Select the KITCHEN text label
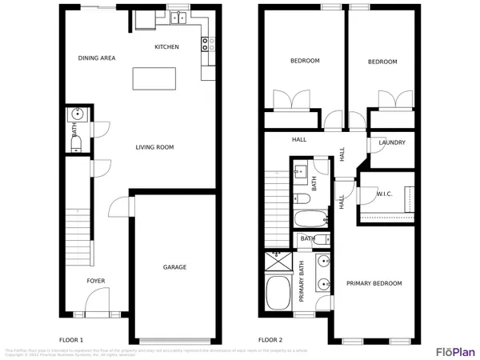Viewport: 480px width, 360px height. [x=166, y=47]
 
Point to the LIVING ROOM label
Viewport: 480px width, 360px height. [x=154, y=147]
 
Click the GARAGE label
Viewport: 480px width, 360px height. [x=174, y=267]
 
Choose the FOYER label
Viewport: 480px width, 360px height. [x=96, y=281]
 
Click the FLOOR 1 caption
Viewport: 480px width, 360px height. [x=71, y=339]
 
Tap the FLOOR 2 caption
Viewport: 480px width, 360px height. [x=270, y=339]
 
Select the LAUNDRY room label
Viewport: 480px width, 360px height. [x=392, y=143]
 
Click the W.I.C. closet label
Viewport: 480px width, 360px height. [x=384, y=194]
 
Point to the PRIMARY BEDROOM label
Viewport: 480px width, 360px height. [x=374, y=283]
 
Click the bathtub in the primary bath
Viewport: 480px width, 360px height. [x=278, y=295]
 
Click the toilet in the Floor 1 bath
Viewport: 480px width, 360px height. [x=77, y=142]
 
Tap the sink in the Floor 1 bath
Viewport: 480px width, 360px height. [x=77, y=114]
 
